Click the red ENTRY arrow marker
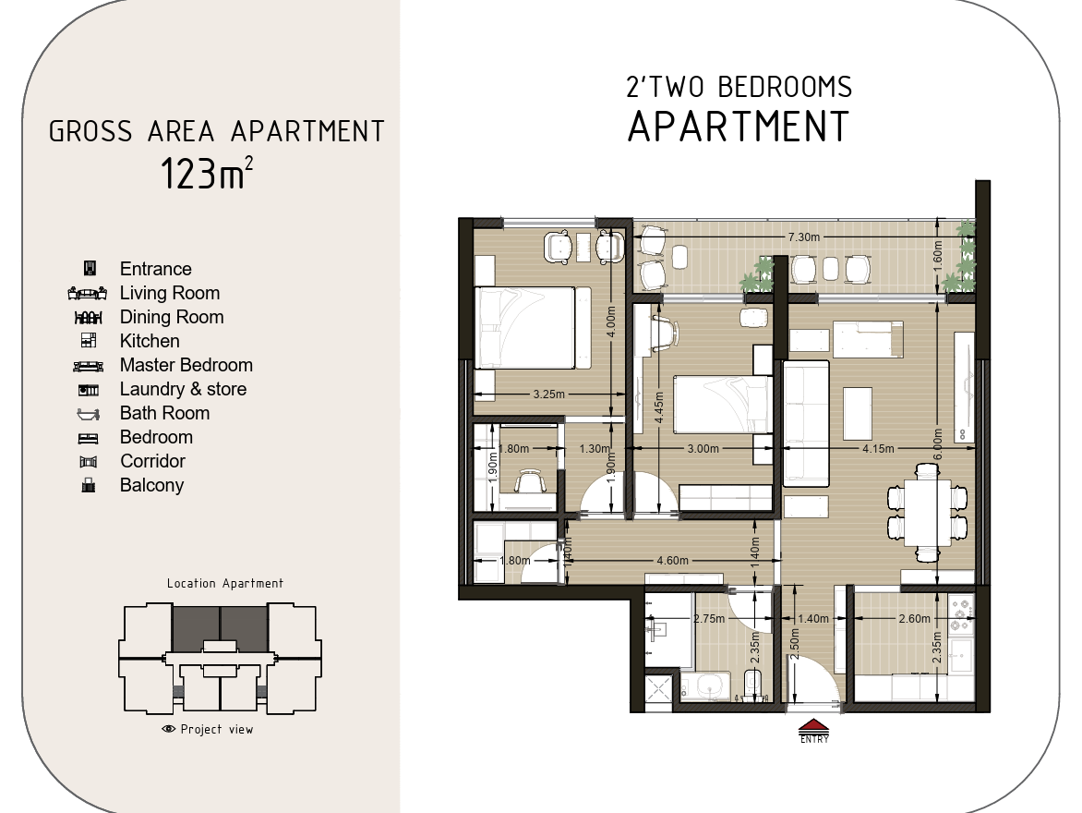pos(814,726)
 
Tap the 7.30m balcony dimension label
pos(804,237)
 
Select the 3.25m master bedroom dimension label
pos(548,394)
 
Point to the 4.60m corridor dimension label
pos(672,560)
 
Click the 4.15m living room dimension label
pos(878,448)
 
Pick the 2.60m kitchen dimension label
pos(914,619)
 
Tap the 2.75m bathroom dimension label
pos(709,619)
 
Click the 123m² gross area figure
pos(207,173)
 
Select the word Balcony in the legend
pos(151,486)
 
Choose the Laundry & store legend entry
pos(183,389)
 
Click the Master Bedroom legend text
pos(186,365)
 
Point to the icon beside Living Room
pos(88,294)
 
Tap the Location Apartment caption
pos(225,584)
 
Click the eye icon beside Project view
pos(168,729)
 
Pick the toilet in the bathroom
pos(752,683)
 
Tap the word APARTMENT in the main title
pos(739,127)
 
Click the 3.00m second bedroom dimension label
pos(703,448)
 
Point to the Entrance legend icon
pos(89,268)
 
